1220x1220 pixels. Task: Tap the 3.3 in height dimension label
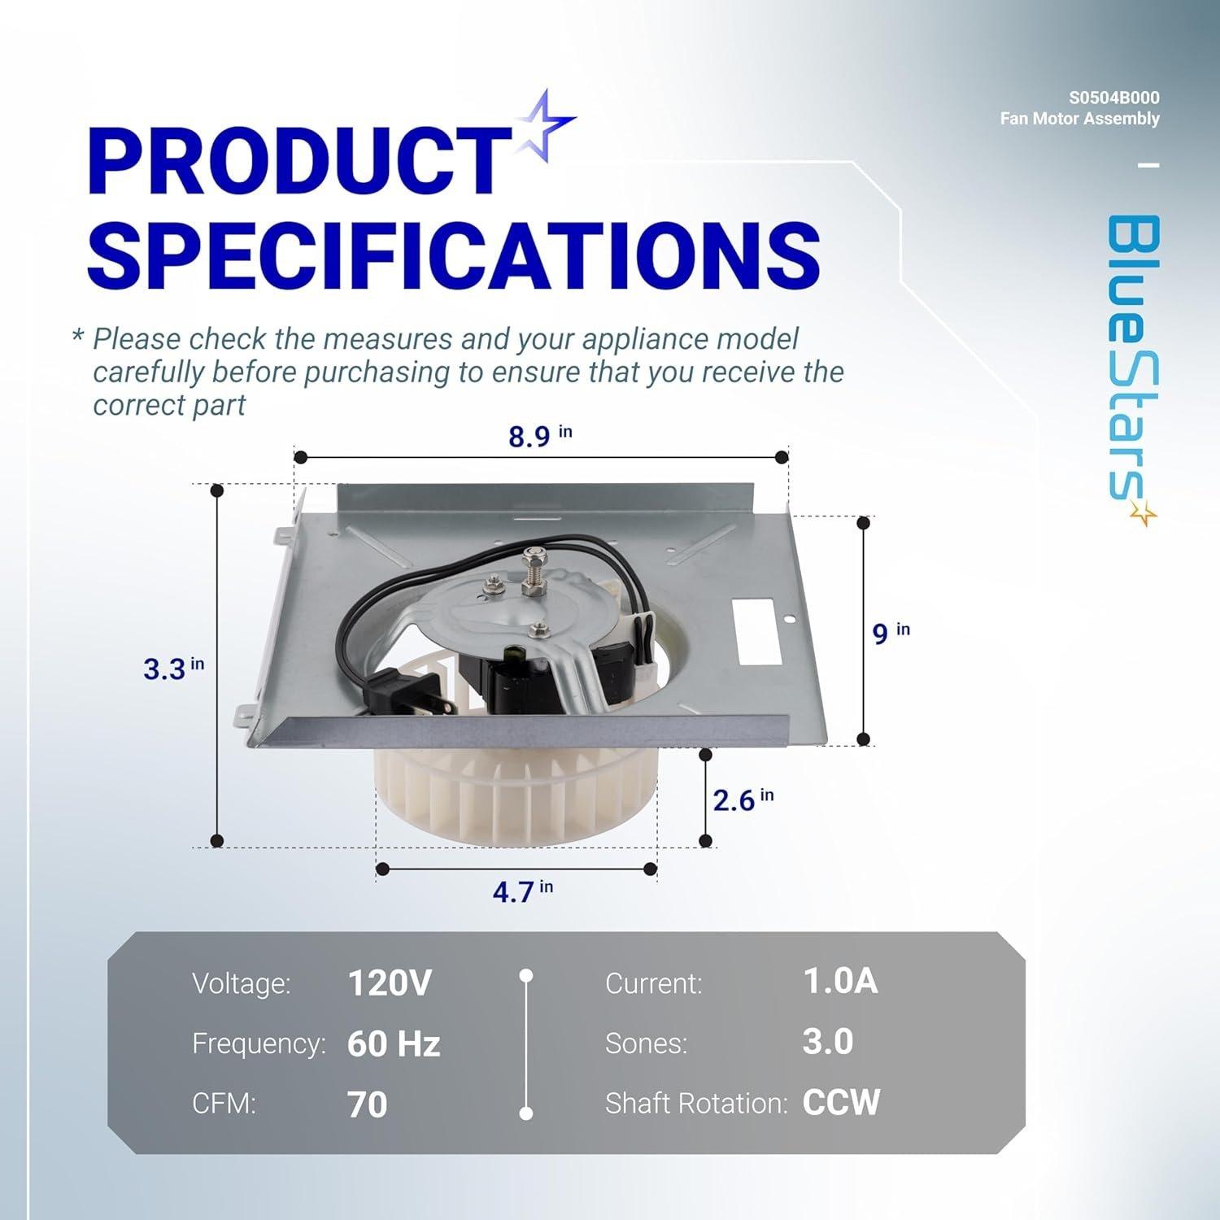[173, 669]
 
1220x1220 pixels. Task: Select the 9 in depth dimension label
[890, 633]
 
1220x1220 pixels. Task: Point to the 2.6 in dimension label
[743, 800]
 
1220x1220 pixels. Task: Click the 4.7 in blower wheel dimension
[521, 891]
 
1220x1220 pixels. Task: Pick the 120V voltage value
[389, 983]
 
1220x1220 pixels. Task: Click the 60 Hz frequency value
[393, 1044]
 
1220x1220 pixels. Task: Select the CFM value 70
[367, 1105]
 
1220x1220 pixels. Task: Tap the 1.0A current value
[840, 982]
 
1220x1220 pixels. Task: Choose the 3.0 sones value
[827, 1042]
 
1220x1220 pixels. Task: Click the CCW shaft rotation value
[841, 1103]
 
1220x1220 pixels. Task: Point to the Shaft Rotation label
[696, 1104]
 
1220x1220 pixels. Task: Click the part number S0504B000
[1113, 98]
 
